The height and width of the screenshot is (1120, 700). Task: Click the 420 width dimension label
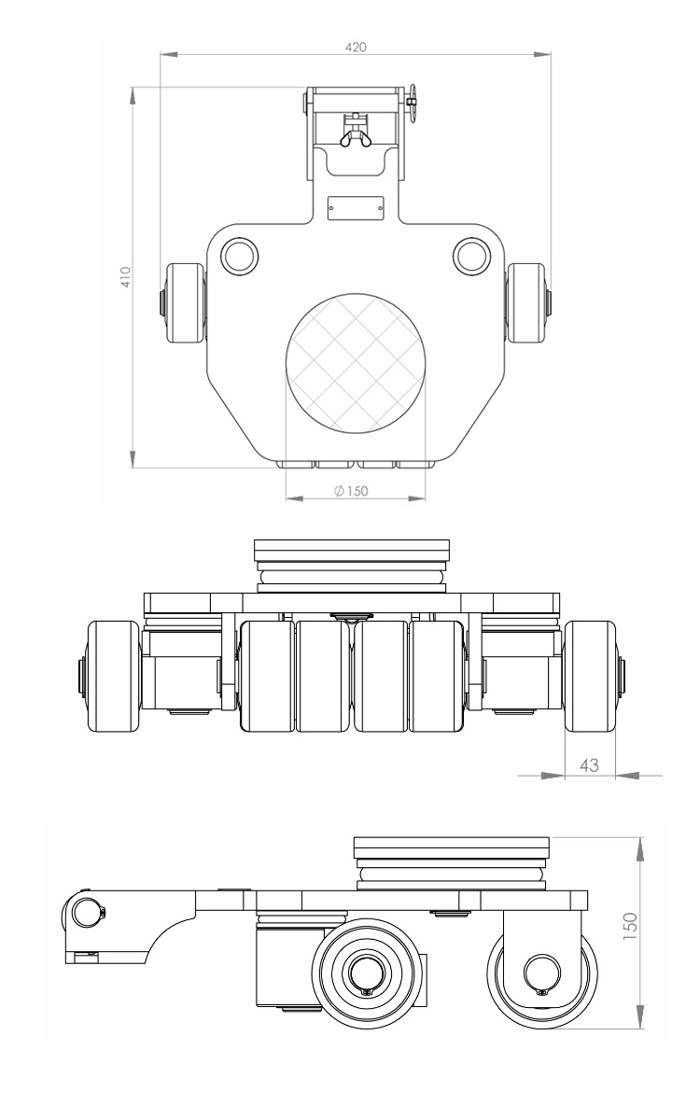coord(356,46)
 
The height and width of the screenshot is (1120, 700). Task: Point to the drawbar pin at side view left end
coord(87,911)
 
